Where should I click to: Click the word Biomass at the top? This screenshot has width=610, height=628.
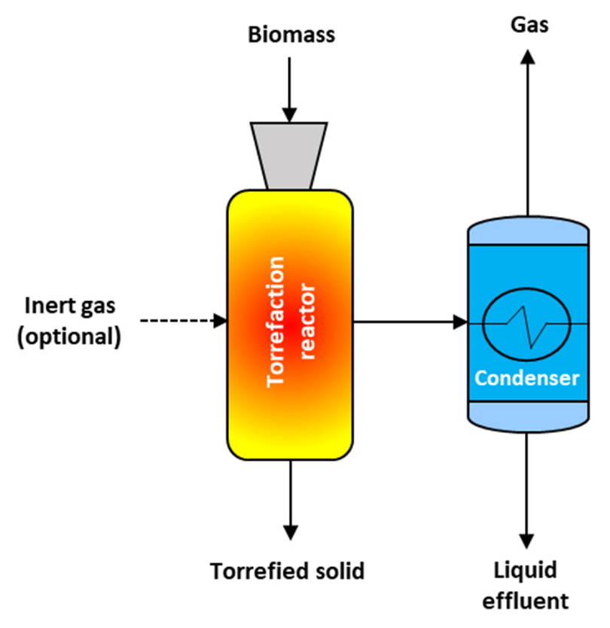point(290,35)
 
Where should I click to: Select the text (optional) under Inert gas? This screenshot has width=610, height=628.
point(69,336)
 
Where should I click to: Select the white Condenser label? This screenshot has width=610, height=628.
point(527,376)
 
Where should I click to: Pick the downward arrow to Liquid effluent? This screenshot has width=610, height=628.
point(528,489)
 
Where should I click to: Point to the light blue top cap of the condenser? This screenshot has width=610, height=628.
point(528,230)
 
